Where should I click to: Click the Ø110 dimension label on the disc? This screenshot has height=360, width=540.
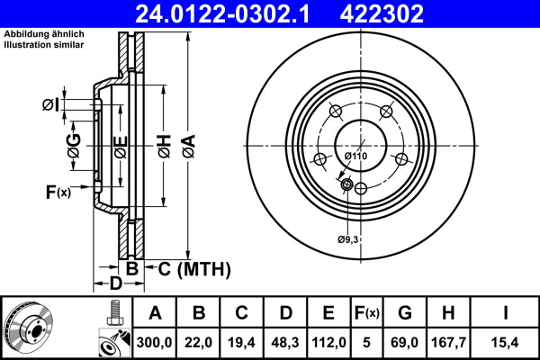click(356, 157)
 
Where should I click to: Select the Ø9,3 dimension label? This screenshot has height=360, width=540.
click(349, 238)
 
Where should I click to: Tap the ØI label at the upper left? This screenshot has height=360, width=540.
click(50, 105)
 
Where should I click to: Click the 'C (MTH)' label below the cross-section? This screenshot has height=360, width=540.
click(194, 268)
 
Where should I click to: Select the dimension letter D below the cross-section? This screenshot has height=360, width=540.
click(115, 285)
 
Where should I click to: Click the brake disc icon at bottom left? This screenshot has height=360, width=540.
click(30, 328)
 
